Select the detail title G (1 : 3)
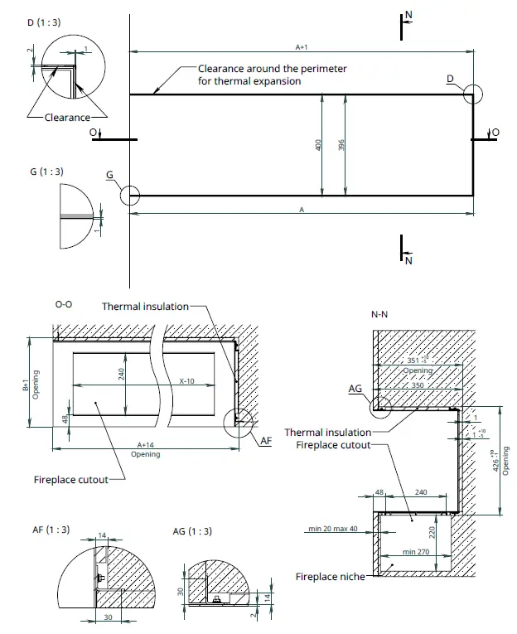(46, 172)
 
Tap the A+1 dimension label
(302, 47)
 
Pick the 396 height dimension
(341, 145)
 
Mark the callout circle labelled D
(473, 94)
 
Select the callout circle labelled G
(129, 196)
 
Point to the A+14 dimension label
(146, 445)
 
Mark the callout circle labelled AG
(382, 404)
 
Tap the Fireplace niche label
(330, 576)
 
